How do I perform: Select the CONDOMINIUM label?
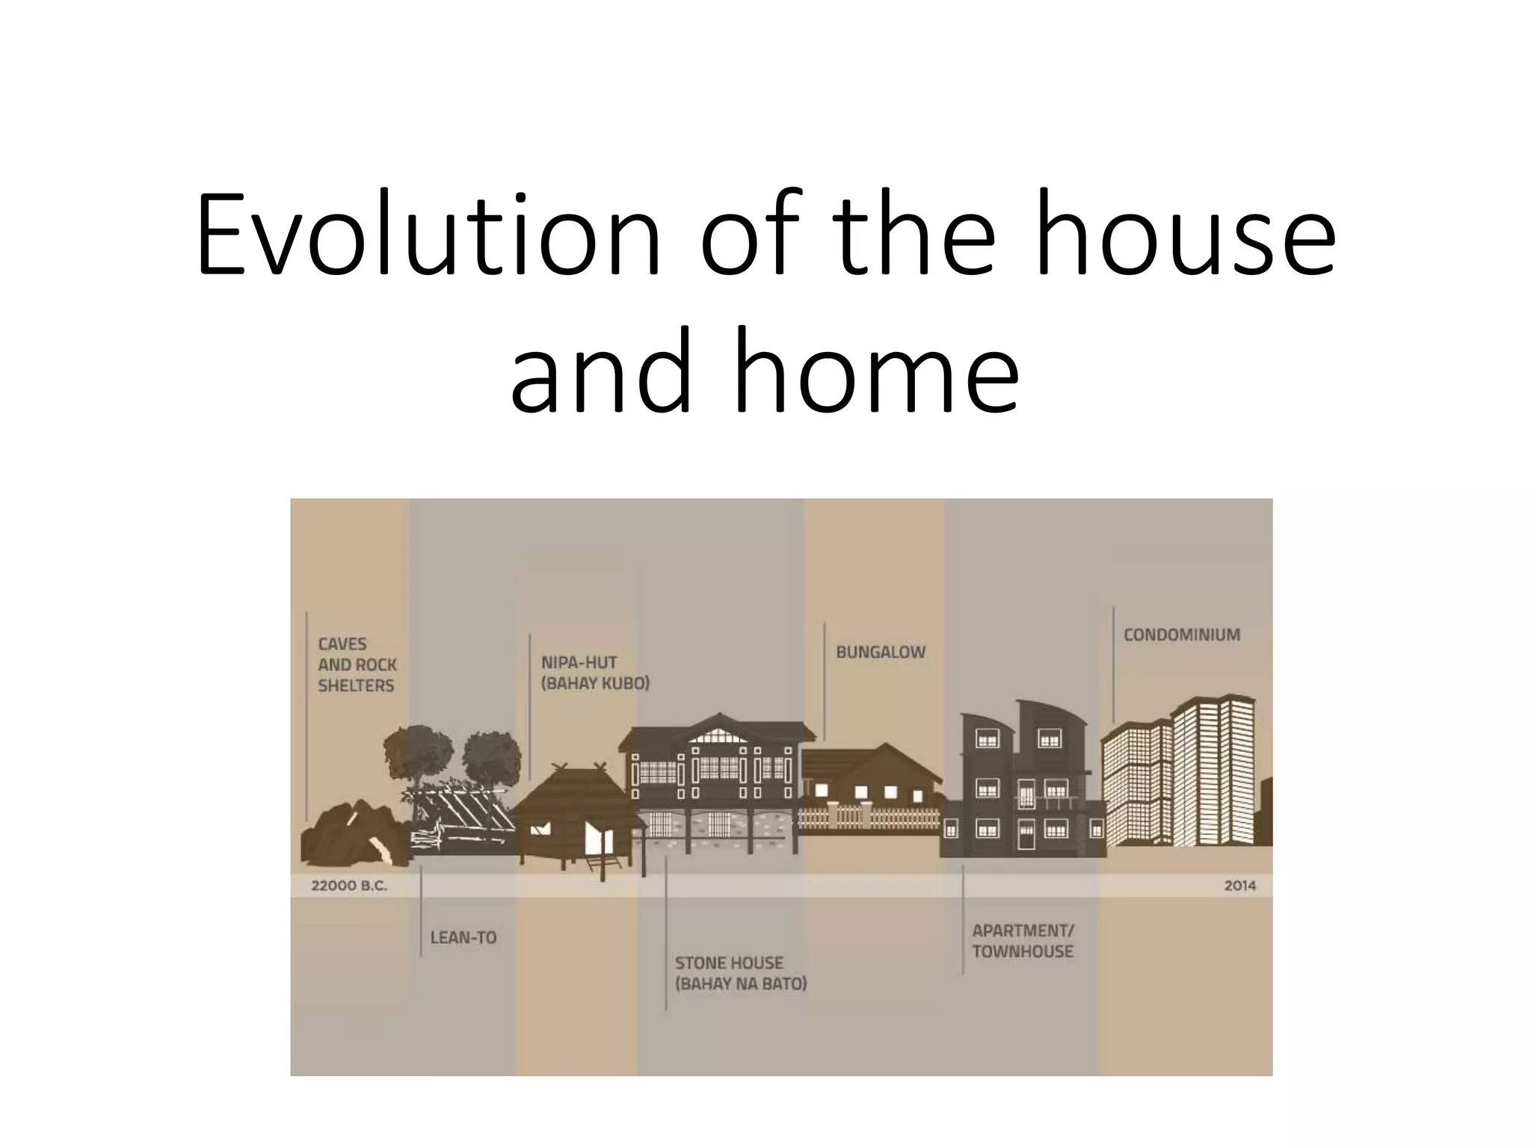pyautogui.click(x=1181, y=635)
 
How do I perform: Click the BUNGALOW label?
pyautogui.click(x=880, y=652)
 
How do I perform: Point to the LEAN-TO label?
pyautogui.click(x=463, y=938)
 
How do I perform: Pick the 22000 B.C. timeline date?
pyautogui.click(x=349, y=886)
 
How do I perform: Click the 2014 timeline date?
pyautogui.click(x=1239, y=886)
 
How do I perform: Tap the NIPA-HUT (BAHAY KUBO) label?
pyautogui.click(x=595, y=673)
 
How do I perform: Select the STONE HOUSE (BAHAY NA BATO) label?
pyautogui.click(x=740, y=973)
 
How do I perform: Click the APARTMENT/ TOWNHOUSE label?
pyautogui.click(x=1023, y=941)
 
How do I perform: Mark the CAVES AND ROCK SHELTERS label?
pyautogui.click(x=357, y=664)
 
